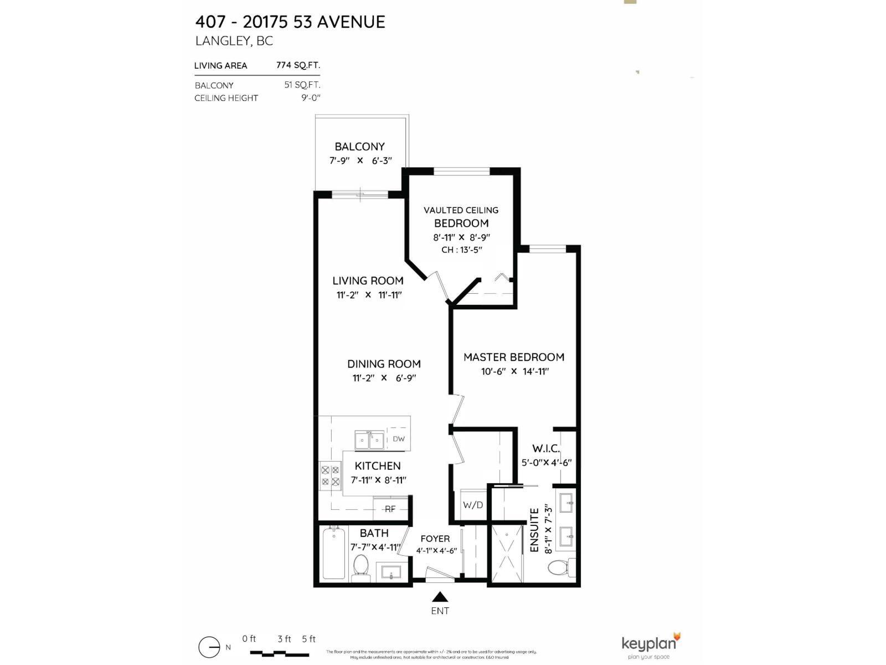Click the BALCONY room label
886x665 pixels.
click(x=359, y=147)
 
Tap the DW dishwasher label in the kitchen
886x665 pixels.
click(x=399, y=439)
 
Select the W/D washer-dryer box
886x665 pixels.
click(x=472, y=505)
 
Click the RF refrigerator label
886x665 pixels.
click(x=390, y=509)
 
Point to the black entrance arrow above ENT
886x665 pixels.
click(x=440, y=597)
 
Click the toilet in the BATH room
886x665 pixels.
click(x=360, y=566)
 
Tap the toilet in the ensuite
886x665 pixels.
click(x=558, y=568)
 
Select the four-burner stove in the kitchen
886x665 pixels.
click(x=330, y=475)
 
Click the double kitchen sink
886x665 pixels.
click(x=369, y=441)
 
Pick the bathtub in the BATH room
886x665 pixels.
click(x=334, y=553)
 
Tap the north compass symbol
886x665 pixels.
click(x=209, y=647)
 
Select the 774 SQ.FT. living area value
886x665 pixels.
click(x=298, y=65)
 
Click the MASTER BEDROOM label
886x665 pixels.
click(x=514, y=357)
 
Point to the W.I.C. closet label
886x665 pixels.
click(x=546, y=448)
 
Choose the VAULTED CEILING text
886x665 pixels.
click(x=461, y=210)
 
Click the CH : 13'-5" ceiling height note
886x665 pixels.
click(x=461, y=250)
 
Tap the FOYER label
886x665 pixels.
click(x=435, y=539)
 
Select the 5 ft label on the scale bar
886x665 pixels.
click(x=309, y=639)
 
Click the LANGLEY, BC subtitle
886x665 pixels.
click(x=234, y=41)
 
